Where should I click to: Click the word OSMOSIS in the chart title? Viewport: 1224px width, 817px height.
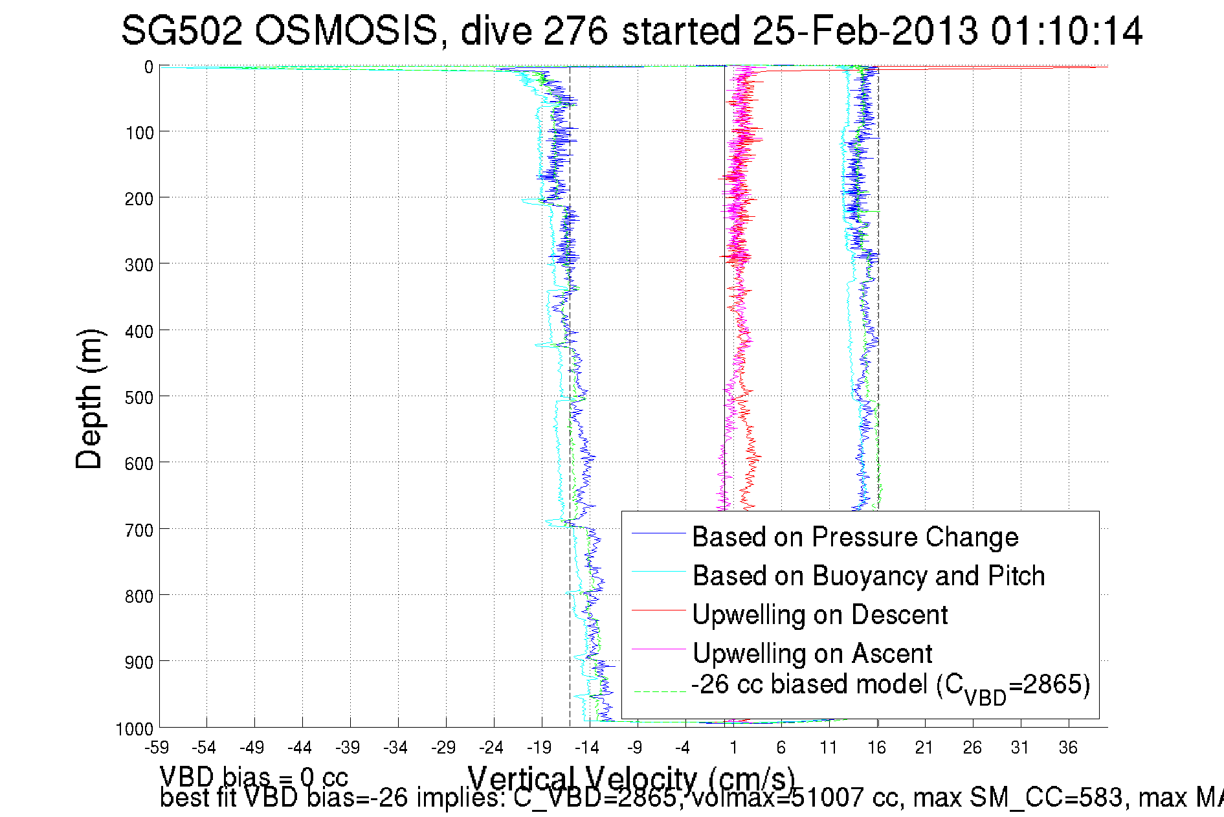[346, 31]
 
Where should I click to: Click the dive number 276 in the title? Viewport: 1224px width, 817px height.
[576, 31]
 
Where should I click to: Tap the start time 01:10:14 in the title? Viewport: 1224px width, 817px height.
[1066, 31]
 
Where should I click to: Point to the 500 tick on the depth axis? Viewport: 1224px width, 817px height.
[139, 397]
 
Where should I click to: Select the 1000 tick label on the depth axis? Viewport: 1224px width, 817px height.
[135, 729]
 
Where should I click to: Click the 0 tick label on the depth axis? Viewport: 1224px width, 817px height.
[149, 67]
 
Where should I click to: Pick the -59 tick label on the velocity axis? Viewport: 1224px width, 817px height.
[157, 748]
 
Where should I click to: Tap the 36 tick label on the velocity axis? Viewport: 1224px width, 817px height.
[1068, 748]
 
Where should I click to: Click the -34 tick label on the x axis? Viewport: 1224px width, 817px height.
[396, 748]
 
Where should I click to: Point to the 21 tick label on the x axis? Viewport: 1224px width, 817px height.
[924, 748]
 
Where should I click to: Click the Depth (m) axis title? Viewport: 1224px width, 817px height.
[89, 399]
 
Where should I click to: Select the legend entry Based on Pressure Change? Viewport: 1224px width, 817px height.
[855, 537]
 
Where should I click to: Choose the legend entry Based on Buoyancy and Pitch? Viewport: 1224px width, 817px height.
[869, 576]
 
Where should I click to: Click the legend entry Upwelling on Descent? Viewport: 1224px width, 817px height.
[819, 614]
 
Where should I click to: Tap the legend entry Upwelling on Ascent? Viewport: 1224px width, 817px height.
[812, 653]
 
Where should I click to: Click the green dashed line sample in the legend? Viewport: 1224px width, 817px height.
[659, 691]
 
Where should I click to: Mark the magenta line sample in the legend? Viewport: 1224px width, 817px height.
[659, 649]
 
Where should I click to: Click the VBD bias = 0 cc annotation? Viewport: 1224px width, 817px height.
[254, 776]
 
